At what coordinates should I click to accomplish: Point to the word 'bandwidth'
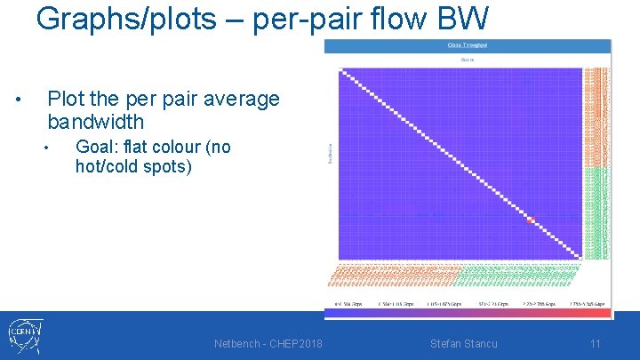click(x=95, y=121)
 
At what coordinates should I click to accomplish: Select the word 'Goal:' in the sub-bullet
click(x=99, y=147)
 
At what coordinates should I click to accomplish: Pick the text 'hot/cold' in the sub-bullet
click(x=109, y=166)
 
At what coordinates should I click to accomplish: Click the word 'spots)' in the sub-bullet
click(x=168, y=166)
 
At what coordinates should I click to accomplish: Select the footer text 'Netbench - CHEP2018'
click(x=268, y=343)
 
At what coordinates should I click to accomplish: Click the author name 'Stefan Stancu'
click(x=463, y=343)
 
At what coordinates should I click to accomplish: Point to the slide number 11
click(x=596, y=343)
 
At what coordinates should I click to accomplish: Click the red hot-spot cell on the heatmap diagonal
click(x=532, y=220)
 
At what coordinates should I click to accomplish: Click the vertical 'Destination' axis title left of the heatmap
click(x=332, y=152)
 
